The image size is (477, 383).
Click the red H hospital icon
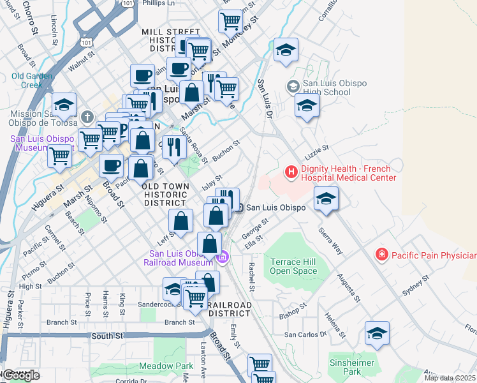point(291,172)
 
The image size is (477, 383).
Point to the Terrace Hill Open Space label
point(293,267)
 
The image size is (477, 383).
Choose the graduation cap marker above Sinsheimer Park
point(377,333)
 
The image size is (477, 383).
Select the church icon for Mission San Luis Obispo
point(87,117)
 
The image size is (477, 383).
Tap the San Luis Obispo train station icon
point(238,207)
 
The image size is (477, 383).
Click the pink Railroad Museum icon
point(223,258)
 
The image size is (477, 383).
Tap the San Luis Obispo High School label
point(327,87)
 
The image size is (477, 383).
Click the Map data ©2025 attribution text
point(450,378)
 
